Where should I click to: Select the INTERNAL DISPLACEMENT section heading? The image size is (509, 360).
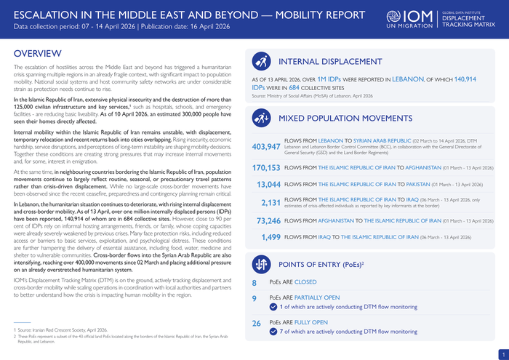point(330,62)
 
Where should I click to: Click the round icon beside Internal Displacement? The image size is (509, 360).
point(262,61)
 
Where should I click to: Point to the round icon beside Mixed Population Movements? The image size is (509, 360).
point(262,118)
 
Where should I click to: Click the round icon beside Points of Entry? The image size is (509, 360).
point(262,263)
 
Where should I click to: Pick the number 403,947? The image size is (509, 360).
point(266,147)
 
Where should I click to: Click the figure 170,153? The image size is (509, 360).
point(266,167)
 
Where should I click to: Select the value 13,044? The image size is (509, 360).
point(269,185)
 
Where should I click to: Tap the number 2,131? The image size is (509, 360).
point(270,202)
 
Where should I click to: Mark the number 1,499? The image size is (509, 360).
point(270,237)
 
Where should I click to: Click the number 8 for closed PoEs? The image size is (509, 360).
point(254,283)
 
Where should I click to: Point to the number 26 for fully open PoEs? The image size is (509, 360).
point(256,322)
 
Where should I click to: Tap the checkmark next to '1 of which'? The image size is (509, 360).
point(273,307)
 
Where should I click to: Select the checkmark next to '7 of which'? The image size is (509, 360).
point(273,332)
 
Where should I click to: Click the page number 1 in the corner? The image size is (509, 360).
point(501,353)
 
